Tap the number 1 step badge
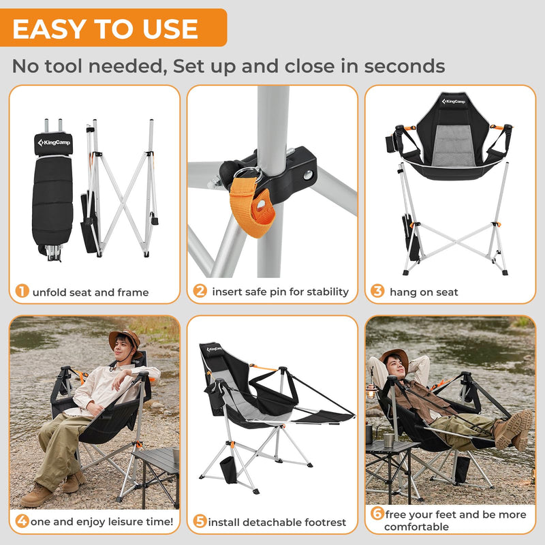click(22, 292)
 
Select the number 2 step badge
click(200, 292)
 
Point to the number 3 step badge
click(377, 292)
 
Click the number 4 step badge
click(22, 522)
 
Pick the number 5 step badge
click(200, 522)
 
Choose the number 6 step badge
click(377, 514)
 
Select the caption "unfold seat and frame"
click(91, 292)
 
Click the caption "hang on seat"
click(424, 292)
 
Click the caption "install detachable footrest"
click(277, 523)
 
